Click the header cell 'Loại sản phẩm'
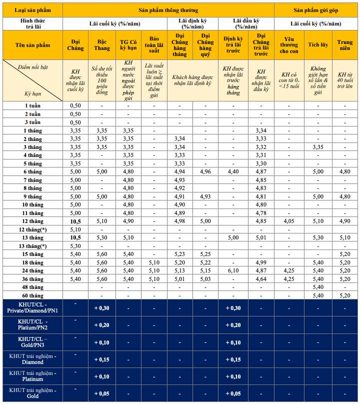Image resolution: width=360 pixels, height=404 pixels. click(x=32, y=10)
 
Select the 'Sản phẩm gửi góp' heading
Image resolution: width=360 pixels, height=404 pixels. click(x=316, y=10)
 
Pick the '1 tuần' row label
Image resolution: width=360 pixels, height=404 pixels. click(x=33, y=105)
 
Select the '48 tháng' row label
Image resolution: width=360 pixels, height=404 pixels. click(x=33, y=287)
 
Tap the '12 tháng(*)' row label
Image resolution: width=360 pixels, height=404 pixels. click(x=33, y=229)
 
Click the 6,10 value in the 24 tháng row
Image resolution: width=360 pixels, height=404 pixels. click(x=233, y=270)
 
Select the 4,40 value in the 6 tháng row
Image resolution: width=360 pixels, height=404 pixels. click(x=233, y=171)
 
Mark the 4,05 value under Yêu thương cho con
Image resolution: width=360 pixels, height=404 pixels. click(x=289, y=221)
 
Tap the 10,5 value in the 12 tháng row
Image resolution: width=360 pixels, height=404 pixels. click(x=75, y=221)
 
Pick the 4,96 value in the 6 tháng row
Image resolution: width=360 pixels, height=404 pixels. click(x=205, y=171)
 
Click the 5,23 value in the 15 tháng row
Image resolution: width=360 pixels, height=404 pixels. click(x=179, y=254)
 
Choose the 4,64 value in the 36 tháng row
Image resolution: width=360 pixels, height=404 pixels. click(x=261, y=278)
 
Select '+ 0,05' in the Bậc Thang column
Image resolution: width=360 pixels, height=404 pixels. click(x=101, y=393)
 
